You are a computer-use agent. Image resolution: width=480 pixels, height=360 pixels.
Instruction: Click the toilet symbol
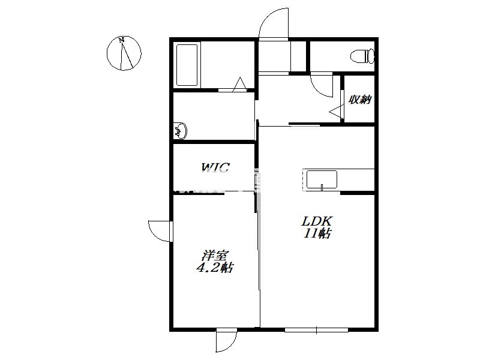[362, 56]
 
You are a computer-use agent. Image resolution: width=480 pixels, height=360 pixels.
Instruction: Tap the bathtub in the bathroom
[187, 65]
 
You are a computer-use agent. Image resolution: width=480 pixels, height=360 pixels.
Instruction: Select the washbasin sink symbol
[181, 131]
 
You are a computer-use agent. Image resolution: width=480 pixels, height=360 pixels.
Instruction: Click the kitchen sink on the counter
[322, 180]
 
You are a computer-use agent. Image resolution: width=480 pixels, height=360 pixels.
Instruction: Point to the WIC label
[215, 167]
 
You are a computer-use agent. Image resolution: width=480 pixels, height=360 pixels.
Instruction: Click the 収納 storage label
[361, 99]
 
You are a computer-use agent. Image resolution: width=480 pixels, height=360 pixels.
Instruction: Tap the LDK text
[317, 220]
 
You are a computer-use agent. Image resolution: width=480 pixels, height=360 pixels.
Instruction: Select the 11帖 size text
[317, 233]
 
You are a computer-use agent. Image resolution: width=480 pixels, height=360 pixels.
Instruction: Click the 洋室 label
[215, 256]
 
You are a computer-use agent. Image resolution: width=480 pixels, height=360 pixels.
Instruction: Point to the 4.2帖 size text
[214, 268]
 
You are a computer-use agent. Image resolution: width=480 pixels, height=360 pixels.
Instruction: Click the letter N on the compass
[122, 40]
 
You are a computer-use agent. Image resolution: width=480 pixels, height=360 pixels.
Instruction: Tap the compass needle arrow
[127, 55]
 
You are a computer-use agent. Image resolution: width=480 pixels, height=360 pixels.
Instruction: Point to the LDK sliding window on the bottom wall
[316, 330]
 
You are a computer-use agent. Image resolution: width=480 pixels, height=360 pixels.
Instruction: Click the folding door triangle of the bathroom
[239, 84]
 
